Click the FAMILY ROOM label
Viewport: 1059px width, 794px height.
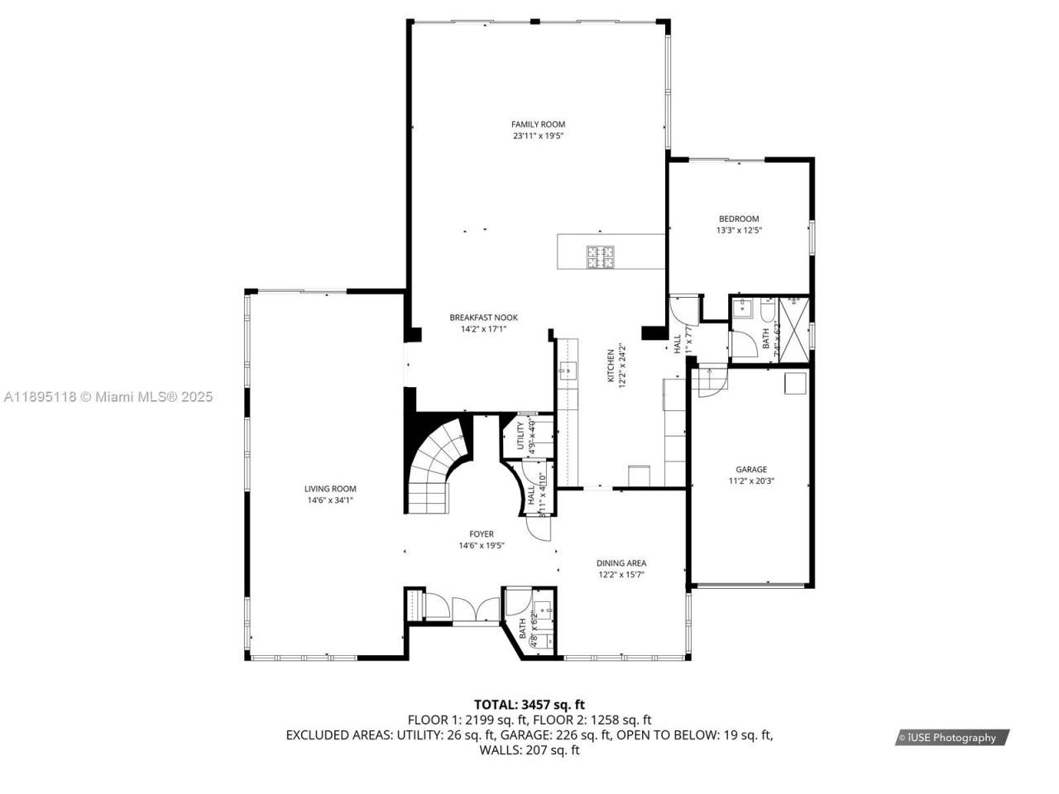(x=538, y=124)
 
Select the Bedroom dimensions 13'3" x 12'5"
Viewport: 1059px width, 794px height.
(x=738, y=231)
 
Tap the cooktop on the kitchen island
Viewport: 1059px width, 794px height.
(x=601, y=257)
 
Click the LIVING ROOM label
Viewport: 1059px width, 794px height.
(x=330, y=489)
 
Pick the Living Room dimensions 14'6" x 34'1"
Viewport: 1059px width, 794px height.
(x=330, y=500)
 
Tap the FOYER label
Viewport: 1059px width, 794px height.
(x=482, y=534)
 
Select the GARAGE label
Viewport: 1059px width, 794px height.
(x=751, y=470)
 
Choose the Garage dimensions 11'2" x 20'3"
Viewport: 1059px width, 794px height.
(x=751, y=481)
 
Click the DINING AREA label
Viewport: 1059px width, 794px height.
(x=621, y=563)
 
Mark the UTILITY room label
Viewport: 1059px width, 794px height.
(x=520, y=437)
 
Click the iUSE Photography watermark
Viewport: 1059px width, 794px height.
(x=951, y=738)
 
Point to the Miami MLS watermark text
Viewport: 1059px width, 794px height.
(x=108, y=397)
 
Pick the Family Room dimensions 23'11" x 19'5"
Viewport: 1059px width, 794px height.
(x=538, y=136)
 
